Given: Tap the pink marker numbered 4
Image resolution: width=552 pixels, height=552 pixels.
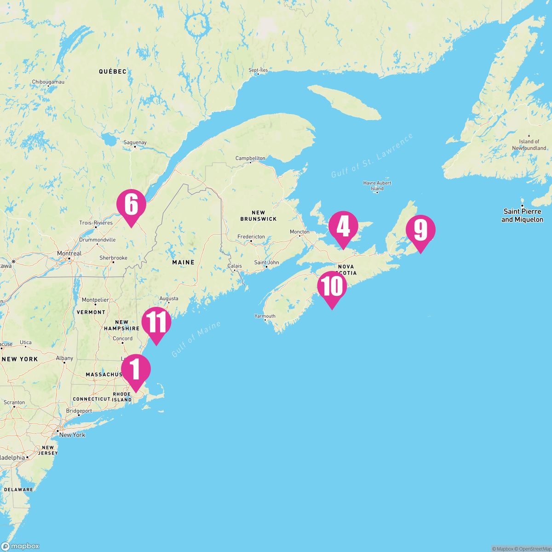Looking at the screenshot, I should [x=343, y=226].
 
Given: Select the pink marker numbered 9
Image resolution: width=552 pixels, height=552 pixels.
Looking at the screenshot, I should [x=420, y=230].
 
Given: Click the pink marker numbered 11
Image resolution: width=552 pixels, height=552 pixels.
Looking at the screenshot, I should [x=156, y=322].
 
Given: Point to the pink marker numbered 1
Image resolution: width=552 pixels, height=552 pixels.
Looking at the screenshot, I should [x=136, y=369].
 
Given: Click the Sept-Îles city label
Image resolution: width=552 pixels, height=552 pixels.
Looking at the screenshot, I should [x=258, y=70].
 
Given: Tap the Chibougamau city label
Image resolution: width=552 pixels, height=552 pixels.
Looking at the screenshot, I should [x=48, y=82].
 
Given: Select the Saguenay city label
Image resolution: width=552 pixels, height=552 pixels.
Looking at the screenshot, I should [x=135, y=143].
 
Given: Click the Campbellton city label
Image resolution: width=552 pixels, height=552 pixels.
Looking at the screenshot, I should [x=250, y=158].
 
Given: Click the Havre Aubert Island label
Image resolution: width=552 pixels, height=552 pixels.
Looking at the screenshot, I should [x=377, y=186].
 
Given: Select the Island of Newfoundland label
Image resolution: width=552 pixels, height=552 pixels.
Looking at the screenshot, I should [x=529, y=145].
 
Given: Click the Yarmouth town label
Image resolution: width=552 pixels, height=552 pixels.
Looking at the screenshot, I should [x=265, y=316].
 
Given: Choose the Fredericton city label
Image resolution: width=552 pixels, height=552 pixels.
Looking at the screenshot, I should [x=251, y=236].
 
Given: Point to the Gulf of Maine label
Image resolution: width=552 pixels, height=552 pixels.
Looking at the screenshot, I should [x=196, y=339].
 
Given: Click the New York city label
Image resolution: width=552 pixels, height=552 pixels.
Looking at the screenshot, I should [x=72, y=435].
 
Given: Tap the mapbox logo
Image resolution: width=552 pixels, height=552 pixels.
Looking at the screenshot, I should [x=20, y=546].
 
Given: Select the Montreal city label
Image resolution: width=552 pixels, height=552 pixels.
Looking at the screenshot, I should [x=69, y=253].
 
